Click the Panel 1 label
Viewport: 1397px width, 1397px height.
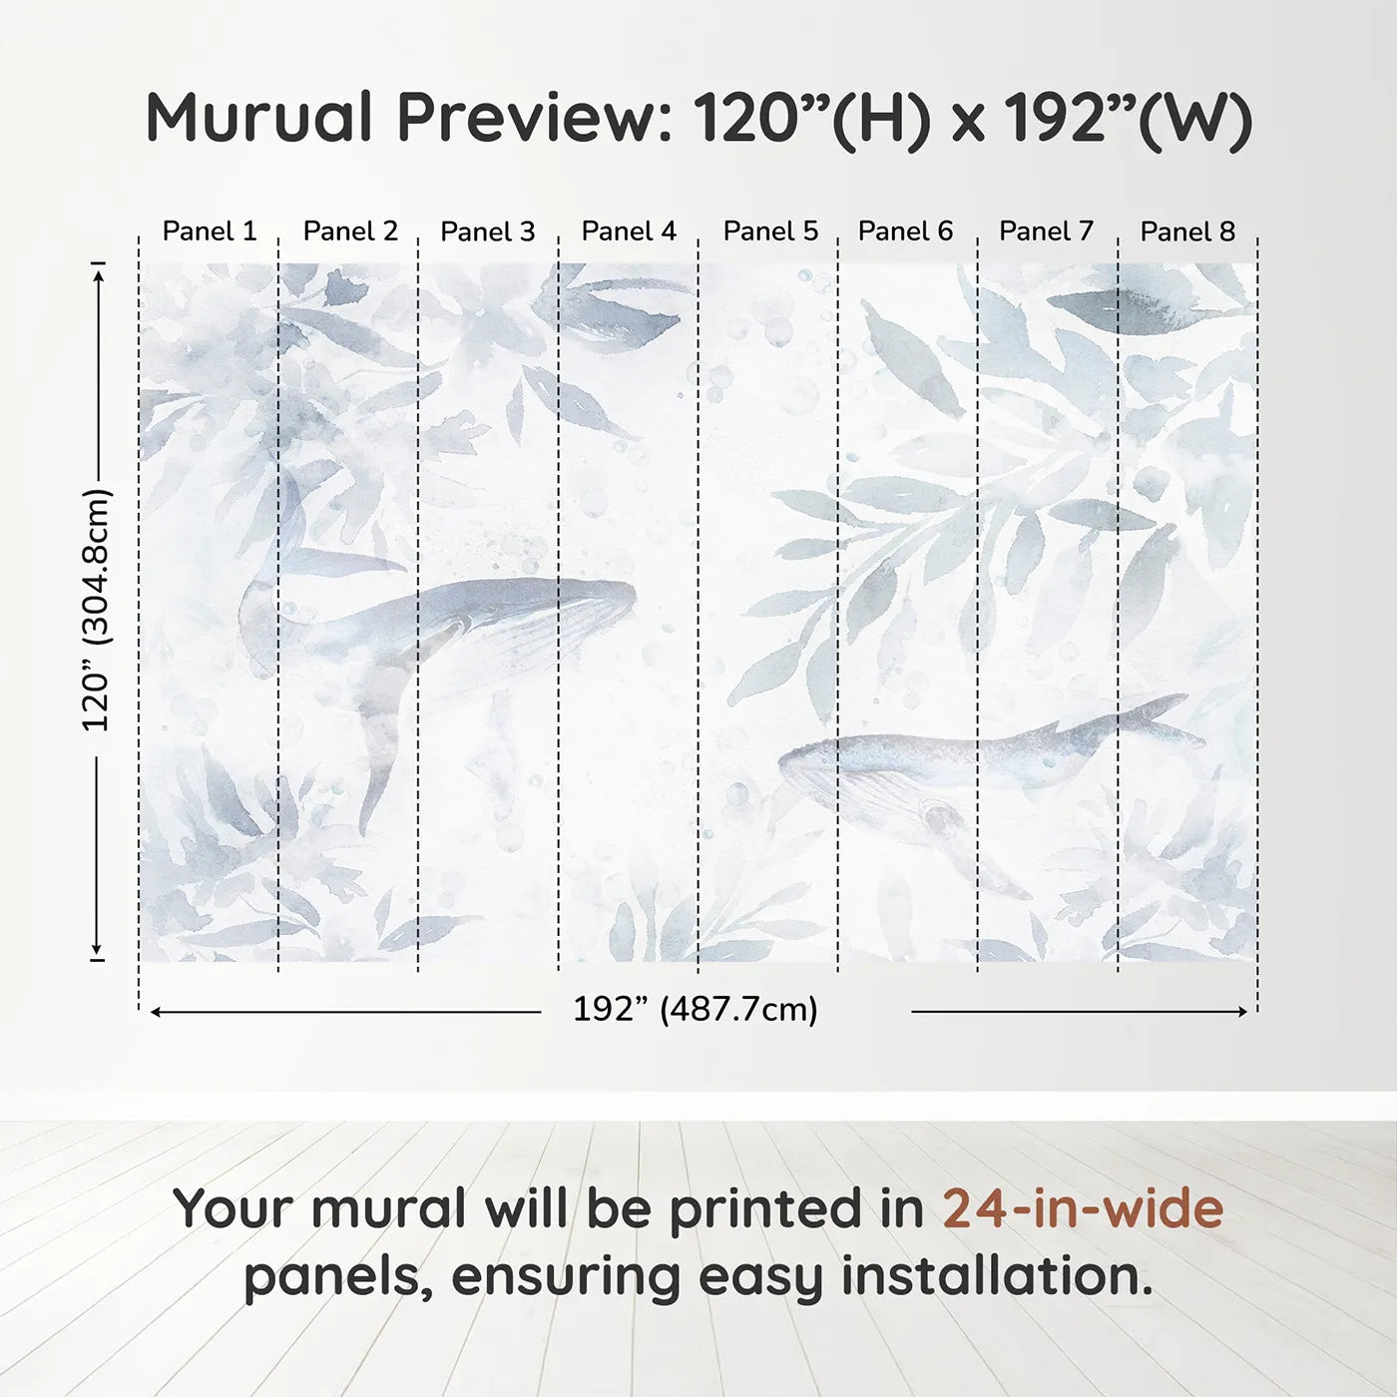210,232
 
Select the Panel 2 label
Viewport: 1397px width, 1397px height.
350,232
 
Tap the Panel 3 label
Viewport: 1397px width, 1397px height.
488,232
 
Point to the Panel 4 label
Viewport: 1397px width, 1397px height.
629,232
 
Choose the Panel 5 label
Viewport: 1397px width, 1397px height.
770,232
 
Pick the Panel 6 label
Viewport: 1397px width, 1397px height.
905,232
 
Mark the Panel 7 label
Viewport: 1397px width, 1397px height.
1046,232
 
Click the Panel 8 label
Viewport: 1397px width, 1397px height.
1187,232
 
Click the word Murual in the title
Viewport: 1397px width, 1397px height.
259,118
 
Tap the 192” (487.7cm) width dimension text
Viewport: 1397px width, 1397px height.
695,1010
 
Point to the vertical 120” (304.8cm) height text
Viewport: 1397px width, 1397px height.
97,611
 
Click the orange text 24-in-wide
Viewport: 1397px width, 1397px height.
1083,1208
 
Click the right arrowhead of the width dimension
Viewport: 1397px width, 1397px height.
1242,1012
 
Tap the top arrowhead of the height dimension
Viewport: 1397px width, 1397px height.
98,273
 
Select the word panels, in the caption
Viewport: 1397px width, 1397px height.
338,1276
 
